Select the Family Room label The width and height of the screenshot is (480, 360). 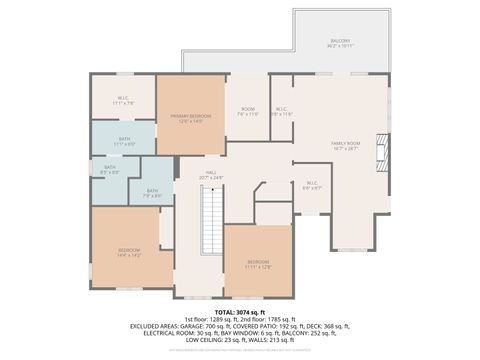point(344,146)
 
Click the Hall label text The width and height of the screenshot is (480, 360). point(211,174)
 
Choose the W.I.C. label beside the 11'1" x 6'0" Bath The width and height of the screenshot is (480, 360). point(123,99)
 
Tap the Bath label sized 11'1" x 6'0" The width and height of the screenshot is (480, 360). point(124,141)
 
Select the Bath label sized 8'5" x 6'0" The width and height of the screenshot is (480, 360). point(110,170)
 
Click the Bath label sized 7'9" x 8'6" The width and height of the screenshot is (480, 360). point(152,192)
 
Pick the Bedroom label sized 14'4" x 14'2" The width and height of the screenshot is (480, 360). point(129,251)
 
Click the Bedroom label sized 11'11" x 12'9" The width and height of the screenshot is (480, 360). point(258,264)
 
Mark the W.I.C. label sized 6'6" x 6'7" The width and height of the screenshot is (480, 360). point(312,184)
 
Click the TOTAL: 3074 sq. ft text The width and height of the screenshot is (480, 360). point(240,313)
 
